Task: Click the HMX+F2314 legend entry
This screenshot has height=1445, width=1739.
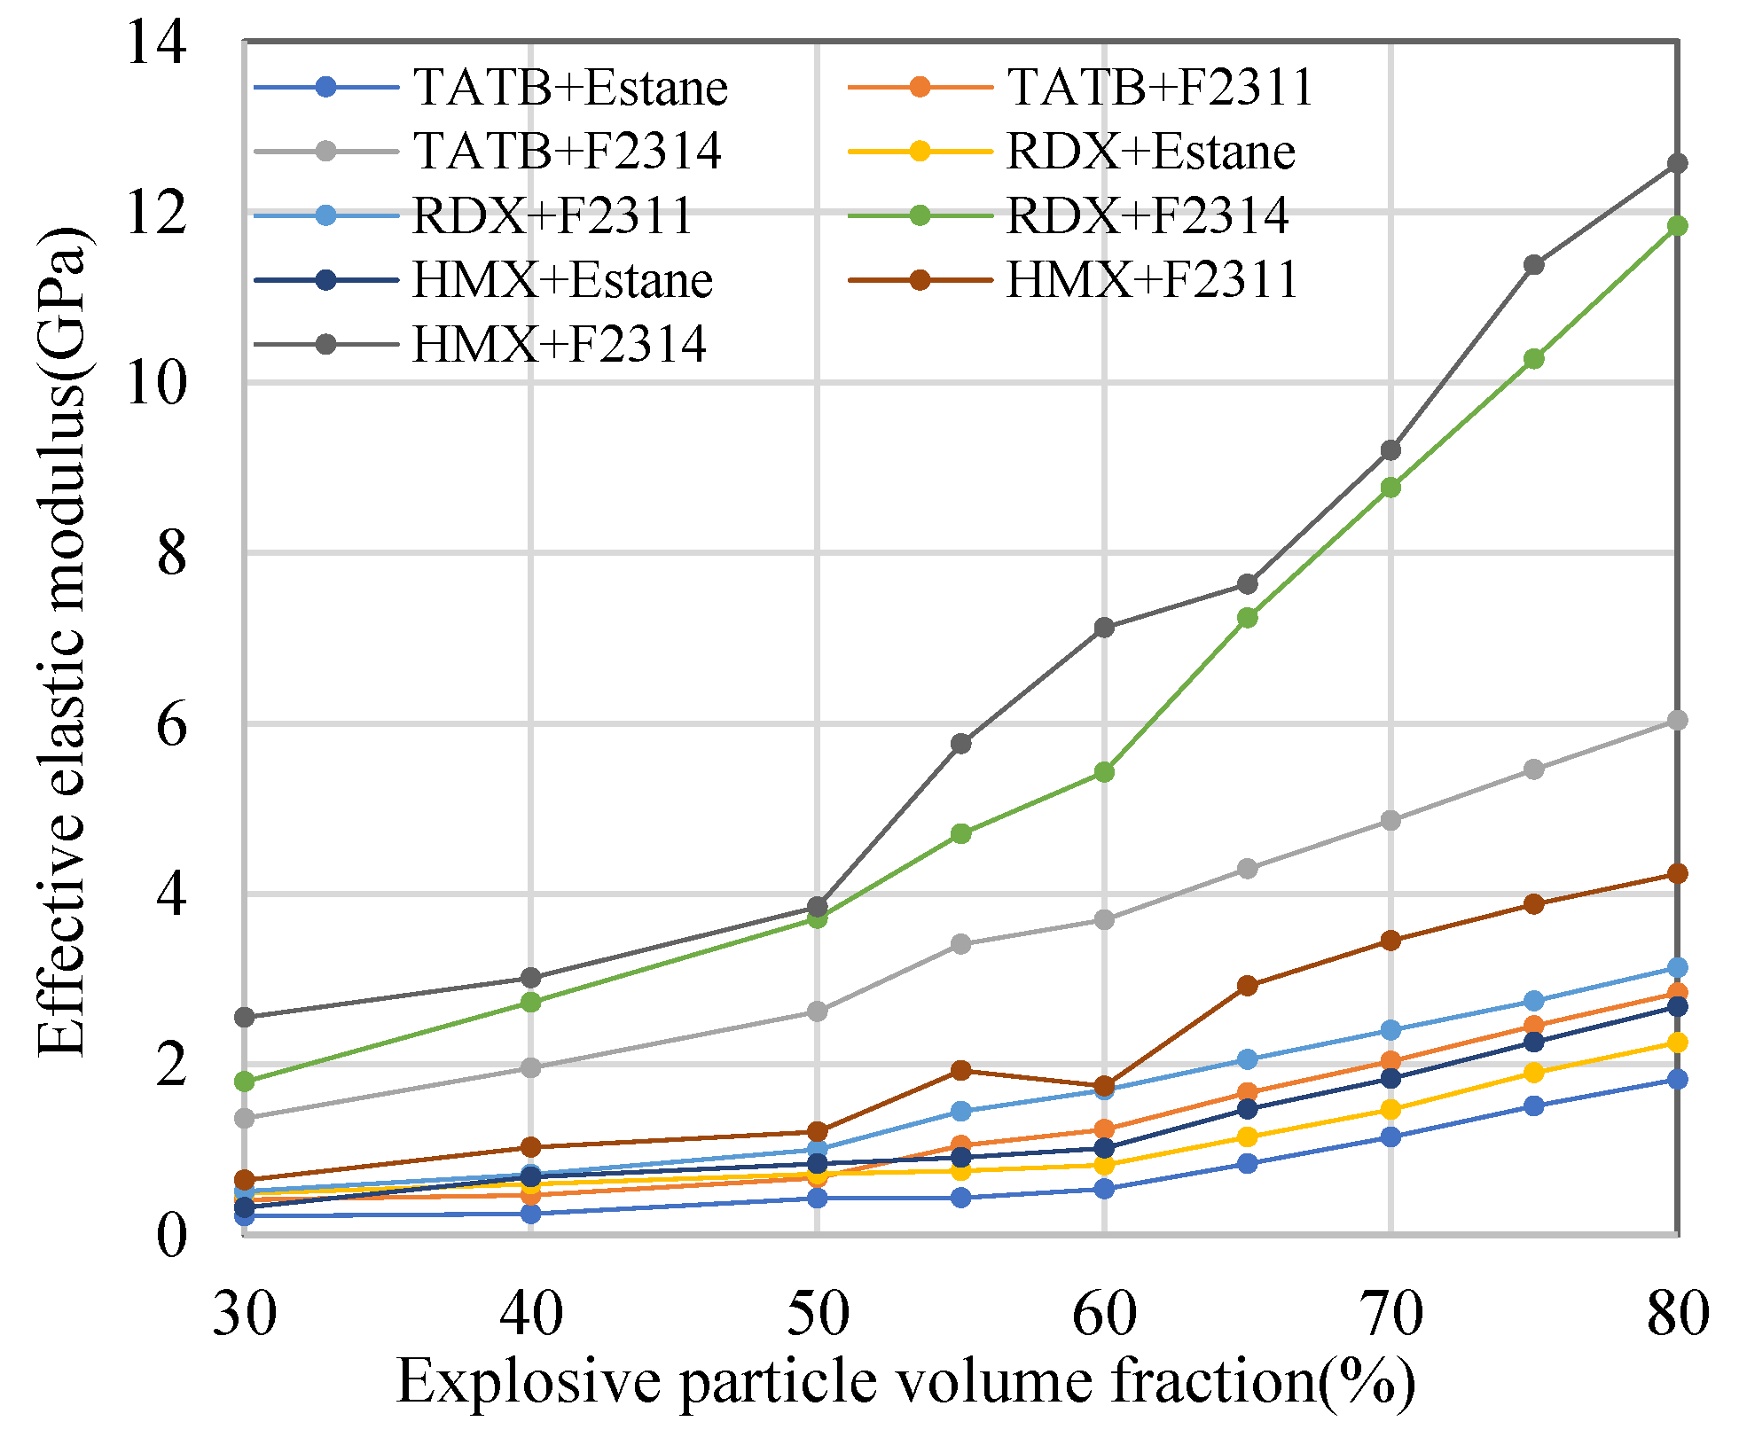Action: tap(559, 345)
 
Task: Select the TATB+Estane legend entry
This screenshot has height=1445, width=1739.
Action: tap(569, 88)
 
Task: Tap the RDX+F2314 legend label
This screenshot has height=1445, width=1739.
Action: tap(1147, 216)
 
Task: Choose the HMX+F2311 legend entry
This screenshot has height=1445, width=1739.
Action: tap(1152, 280)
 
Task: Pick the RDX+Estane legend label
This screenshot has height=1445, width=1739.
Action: tap(1150, 152)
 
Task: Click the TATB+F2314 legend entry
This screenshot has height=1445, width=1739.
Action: tap(567, 152)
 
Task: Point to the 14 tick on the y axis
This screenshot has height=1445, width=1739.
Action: tap(157, 43)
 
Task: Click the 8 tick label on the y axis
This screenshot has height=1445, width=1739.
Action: tap(171, 554)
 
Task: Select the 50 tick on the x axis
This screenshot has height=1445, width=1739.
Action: tap(818, 1314)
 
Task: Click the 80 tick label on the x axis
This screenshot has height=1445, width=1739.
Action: tap(1677, 1314)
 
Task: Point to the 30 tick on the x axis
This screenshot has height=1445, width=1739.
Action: tap(244, 1314)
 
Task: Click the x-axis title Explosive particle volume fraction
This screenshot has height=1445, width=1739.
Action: tap(905, 1381)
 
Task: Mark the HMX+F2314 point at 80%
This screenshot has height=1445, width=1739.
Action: tap(1677, 164)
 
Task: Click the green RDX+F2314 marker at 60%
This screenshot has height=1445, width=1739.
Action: tap(1104, 772)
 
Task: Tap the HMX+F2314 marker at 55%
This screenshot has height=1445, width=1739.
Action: tap(961, 744)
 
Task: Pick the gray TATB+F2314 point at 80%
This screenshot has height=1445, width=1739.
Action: tap(1677, 721)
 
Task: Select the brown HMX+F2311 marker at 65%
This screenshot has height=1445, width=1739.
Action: tap(1248, 986)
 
